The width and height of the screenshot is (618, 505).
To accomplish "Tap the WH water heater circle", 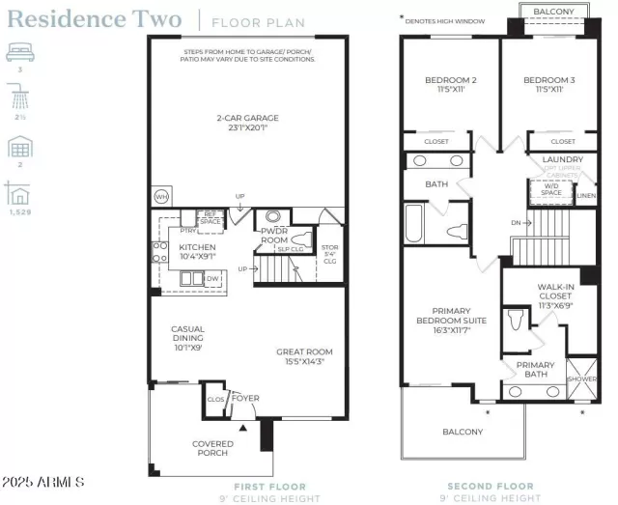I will (x=161, y=197).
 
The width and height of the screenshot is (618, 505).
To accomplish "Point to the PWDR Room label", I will (x=274, y=235).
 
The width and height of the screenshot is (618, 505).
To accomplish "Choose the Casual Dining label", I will (x=188, y=334).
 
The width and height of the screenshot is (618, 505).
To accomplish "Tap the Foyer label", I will (x=245, y=396).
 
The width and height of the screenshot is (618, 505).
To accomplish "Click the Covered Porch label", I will (x=212, y=448).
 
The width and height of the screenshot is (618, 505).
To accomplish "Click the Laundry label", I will (x=561, y=159).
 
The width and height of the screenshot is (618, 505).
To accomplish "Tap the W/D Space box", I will (x=551, y=191).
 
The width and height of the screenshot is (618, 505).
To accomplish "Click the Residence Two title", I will (x=94, y=19).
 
